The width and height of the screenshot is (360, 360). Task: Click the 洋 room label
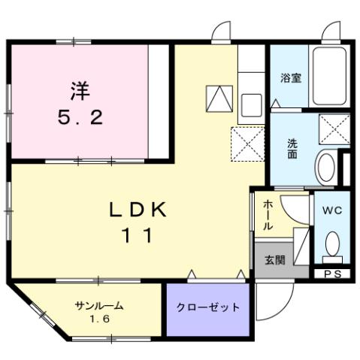(x=80, y=92)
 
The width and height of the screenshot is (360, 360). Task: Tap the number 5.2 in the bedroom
(x=80, y=118)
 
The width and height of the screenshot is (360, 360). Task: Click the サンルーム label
(x=98, y=305)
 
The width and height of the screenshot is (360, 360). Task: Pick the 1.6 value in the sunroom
(x=98, y=319)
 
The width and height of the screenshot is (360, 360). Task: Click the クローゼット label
(x=208, y=307)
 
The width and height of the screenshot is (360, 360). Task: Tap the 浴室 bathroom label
(x=290, y=78)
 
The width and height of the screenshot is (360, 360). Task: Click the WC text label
(x=331, y=211)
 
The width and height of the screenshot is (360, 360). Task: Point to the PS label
(x=331, y=274)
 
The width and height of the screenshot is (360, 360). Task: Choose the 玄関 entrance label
(x=274, y=260)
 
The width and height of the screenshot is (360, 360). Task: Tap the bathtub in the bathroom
(x=328, y=76)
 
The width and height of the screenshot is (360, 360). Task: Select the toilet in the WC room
(x=331, y=243)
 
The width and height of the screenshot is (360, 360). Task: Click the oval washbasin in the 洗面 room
(x=327, y=166)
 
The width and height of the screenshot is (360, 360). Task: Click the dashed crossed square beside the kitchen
(x=247, y=144)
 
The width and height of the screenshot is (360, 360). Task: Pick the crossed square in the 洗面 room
(x=334, y=128)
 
